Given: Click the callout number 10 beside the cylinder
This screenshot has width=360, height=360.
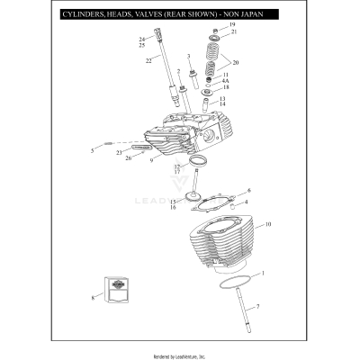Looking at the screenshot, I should click(x=269, y=224).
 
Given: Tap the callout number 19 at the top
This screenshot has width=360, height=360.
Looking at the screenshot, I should click(x=233, y=24).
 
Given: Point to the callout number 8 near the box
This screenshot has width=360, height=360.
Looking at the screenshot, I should click(x=92, y=297).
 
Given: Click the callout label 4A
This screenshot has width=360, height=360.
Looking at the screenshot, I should click(x=226, y=81).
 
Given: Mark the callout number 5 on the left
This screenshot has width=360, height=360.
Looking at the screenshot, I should click(x=92, y=150).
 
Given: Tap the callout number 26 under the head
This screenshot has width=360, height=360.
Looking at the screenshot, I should click(x=128, y=158).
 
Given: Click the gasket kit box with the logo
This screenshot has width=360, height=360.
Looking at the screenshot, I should click(x=115, y=288).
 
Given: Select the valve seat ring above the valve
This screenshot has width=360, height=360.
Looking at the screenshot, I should click(x=197, y=163).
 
